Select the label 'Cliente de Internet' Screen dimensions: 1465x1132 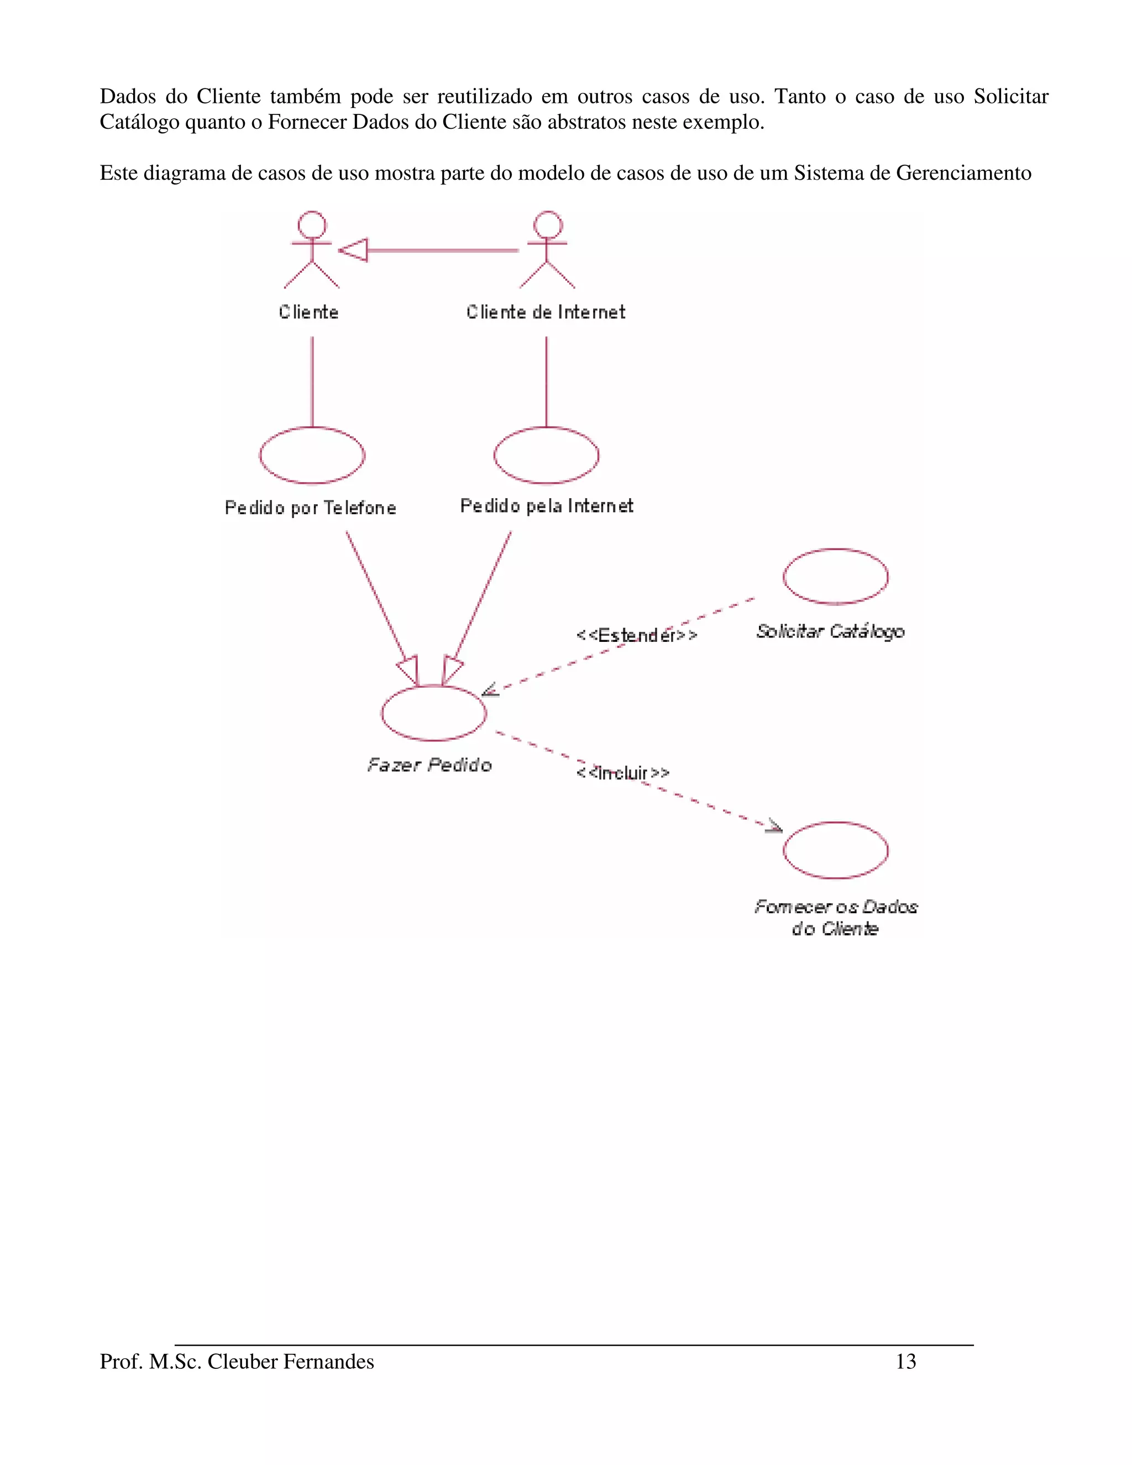tap(546, 312)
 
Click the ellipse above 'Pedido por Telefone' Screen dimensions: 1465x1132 tap(312, 456)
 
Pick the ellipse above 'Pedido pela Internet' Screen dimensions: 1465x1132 tap(546, 456)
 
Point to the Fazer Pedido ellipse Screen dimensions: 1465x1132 tap(434, 713)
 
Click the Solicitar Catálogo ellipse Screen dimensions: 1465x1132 tap(835, 576)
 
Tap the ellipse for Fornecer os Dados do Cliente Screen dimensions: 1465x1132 tap(835, 850)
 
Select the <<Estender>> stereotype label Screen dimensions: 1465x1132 tap(636, 635)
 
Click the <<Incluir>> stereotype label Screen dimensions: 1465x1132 tap(622, 773)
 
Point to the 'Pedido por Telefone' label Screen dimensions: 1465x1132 tap(311, 508)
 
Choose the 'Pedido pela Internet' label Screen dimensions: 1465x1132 tap(547, 506)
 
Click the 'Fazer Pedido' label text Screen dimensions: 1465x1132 tap(430, 765)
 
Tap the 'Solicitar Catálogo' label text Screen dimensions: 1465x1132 tap(830, 631)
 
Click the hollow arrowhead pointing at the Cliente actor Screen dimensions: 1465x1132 tap(353, 250)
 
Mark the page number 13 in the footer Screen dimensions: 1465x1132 tap(905, 1361)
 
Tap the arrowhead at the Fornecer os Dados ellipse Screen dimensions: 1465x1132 tap(774, 826)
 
